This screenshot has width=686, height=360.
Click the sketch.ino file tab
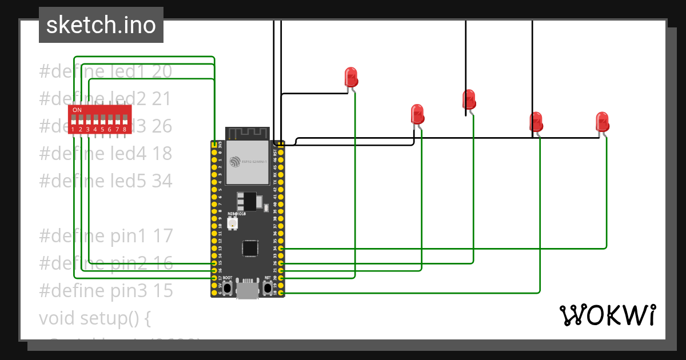[101, 25]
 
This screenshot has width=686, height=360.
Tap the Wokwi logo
[607, 315]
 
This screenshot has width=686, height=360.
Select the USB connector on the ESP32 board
[247, 290]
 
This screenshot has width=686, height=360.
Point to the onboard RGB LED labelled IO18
[233, 224]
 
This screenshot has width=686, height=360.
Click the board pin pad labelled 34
[281, 249]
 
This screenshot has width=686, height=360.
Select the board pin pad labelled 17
[214, 278]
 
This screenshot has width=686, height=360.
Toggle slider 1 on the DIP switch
[74, 120]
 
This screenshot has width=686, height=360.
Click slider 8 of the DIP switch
[125, 120]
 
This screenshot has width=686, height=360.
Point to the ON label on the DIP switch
[77, 110]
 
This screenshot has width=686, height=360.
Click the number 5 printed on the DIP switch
[103, 130]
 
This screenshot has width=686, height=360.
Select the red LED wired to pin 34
[602, 121]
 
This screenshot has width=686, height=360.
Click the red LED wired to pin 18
[536, 121]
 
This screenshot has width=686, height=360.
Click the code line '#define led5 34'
[106, 181]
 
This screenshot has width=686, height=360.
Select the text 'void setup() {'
[94, 318]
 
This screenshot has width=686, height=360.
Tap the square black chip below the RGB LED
[250, 249]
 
